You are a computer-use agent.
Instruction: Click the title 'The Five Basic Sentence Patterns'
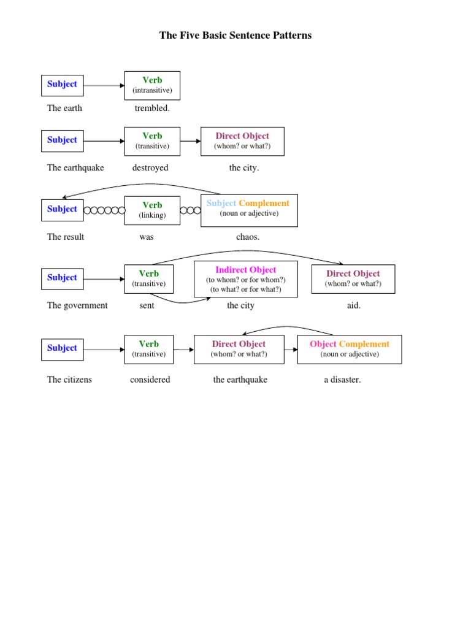(x=235, y=36)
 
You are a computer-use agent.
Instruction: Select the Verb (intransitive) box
(x=152, y=85)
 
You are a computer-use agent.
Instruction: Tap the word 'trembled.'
(x=152, y=109)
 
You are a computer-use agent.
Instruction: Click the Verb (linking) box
(x=152, y=210)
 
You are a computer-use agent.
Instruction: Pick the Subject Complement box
(x=249, y=210)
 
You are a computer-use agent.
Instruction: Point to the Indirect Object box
(x=246, y=279)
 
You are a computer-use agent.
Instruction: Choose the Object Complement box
(x=350, y=349)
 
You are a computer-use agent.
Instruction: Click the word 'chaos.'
(x=248, y=237)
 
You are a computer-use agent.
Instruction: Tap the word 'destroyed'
(x=150, y=168)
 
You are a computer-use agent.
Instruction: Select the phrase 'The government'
(x=77, y=306)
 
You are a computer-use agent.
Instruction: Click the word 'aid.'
(x=354, y=306)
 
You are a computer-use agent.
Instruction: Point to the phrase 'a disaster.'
(x=342, y=380)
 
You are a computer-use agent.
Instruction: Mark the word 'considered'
(x=150, y=380)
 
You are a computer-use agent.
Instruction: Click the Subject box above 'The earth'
(x=63, y=85)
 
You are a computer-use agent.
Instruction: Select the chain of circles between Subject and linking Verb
(x=104, y=210)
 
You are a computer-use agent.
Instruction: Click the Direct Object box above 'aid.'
(x=353, y=279)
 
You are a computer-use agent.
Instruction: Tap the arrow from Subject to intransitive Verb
(x=104, y=86)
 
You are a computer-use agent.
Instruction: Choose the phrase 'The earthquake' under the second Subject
(x=75, y=168)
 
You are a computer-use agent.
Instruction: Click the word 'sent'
(x=147, y=306)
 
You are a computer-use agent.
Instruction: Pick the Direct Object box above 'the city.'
(x=242, y=141)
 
